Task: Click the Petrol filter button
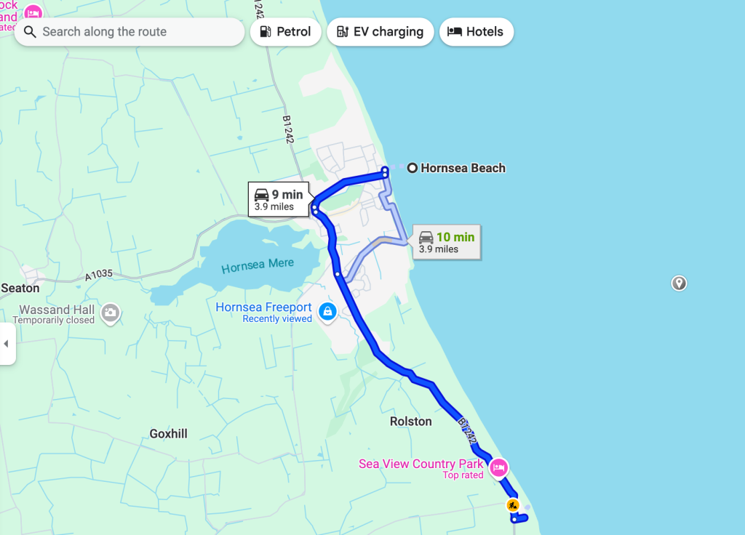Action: (285, 32)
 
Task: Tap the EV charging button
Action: (380, 32)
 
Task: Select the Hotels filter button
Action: (476, 32)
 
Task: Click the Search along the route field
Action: (130, 32)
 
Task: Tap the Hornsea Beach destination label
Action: (462, 168)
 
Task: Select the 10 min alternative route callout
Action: (447, 242)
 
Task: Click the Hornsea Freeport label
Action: (263, 307)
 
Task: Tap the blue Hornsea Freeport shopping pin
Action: (327, 311)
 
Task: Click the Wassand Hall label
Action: (57, 310)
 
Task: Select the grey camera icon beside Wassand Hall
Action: (110, 313)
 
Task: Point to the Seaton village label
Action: (20, 288)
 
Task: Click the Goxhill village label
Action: (168, 433)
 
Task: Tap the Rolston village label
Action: (410, 422)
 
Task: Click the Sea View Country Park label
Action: (421, 464)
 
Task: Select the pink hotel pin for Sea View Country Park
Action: (498, 467)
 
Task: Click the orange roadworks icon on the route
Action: (513, 504)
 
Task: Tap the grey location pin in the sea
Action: (679, 283)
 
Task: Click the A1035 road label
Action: (100, 276)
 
